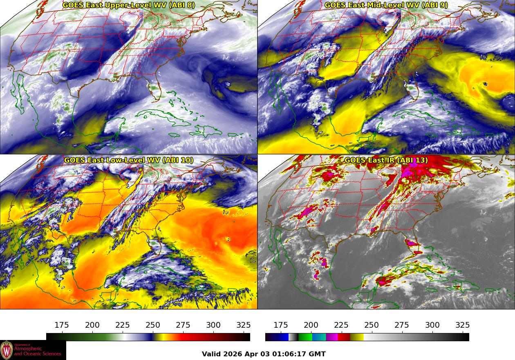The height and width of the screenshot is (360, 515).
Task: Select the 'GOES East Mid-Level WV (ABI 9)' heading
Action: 386,5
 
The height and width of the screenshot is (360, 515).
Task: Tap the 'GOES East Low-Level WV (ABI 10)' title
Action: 129,160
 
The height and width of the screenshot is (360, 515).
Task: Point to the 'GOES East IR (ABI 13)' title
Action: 386,160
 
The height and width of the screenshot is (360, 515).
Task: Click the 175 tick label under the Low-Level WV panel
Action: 62,325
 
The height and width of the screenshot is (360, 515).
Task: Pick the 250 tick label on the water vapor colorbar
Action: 153,325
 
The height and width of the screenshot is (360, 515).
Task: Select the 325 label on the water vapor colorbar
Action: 244,325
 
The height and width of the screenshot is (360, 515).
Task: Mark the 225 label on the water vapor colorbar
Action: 123,325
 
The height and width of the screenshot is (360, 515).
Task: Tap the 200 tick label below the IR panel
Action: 311,325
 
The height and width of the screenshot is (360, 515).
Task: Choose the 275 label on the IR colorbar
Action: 402,325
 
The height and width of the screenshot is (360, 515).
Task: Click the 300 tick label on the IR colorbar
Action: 432,325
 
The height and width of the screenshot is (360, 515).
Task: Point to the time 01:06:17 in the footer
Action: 292,354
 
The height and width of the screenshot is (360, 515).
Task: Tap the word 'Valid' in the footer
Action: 211,354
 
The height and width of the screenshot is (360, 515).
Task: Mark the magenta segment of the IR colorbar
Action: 332,337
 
